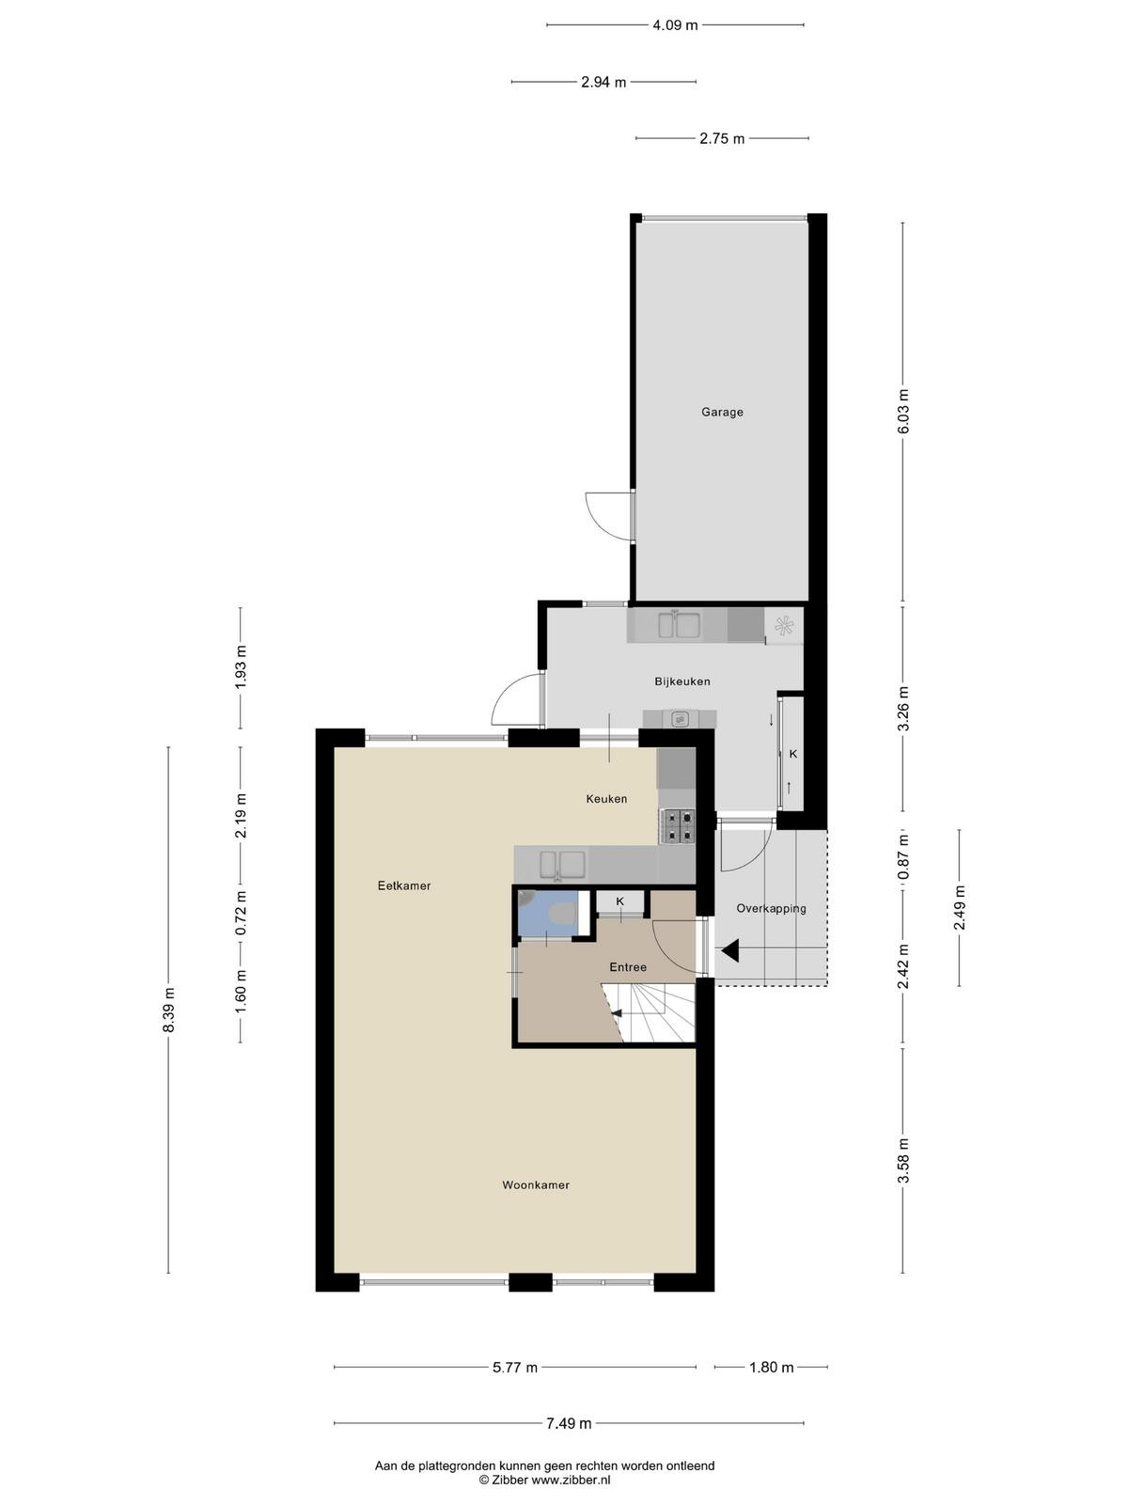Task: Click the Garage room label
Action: [721, 412]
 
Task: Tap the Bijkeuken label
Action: [681, 681]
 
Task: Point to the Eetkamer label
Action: [404, 885]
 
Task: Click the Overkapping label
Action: [771, 909]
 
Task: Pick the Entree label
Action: [628, 967]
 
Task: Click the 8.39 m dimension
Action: [169, 1010]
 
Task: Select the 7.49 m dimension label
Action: [569, 1423]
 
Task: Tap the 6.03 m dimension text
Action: [903, 412]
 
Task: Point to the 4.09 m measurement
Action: [675, 25]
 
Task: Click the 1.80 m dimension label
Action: [771, 1367]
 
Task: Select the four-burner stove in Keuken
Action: [677, 825]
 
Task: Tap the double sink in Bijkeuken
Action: [678, 625]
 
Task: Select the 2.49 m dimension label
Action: [960, 908]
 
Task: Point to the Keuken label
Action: [606, 798]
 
